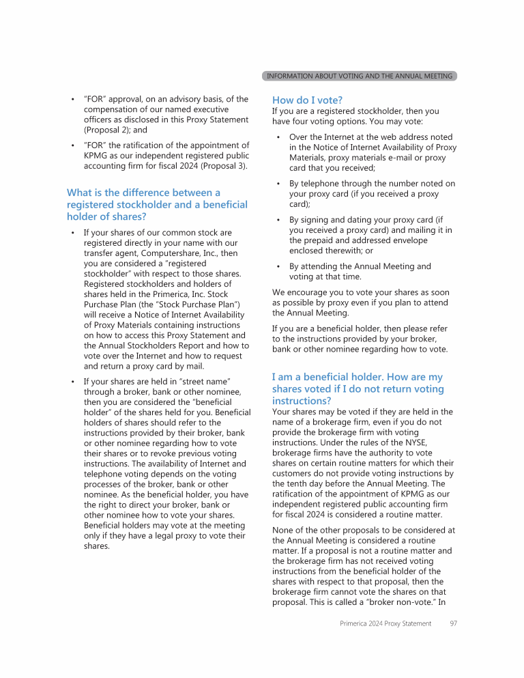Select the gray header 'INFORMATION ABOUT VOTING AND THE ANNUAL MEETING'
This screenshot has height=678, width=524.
pos(359,76)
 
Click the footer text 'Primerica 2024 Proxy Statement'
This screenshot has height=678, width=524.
pos(385,623)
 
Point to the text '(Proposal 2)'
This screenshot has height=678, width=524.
pos(108,130)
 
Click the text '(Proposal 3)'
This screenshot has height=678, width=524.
pos(224,165)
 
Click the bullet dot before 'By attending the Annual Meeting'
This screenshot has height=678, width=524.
pos(279,267)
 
